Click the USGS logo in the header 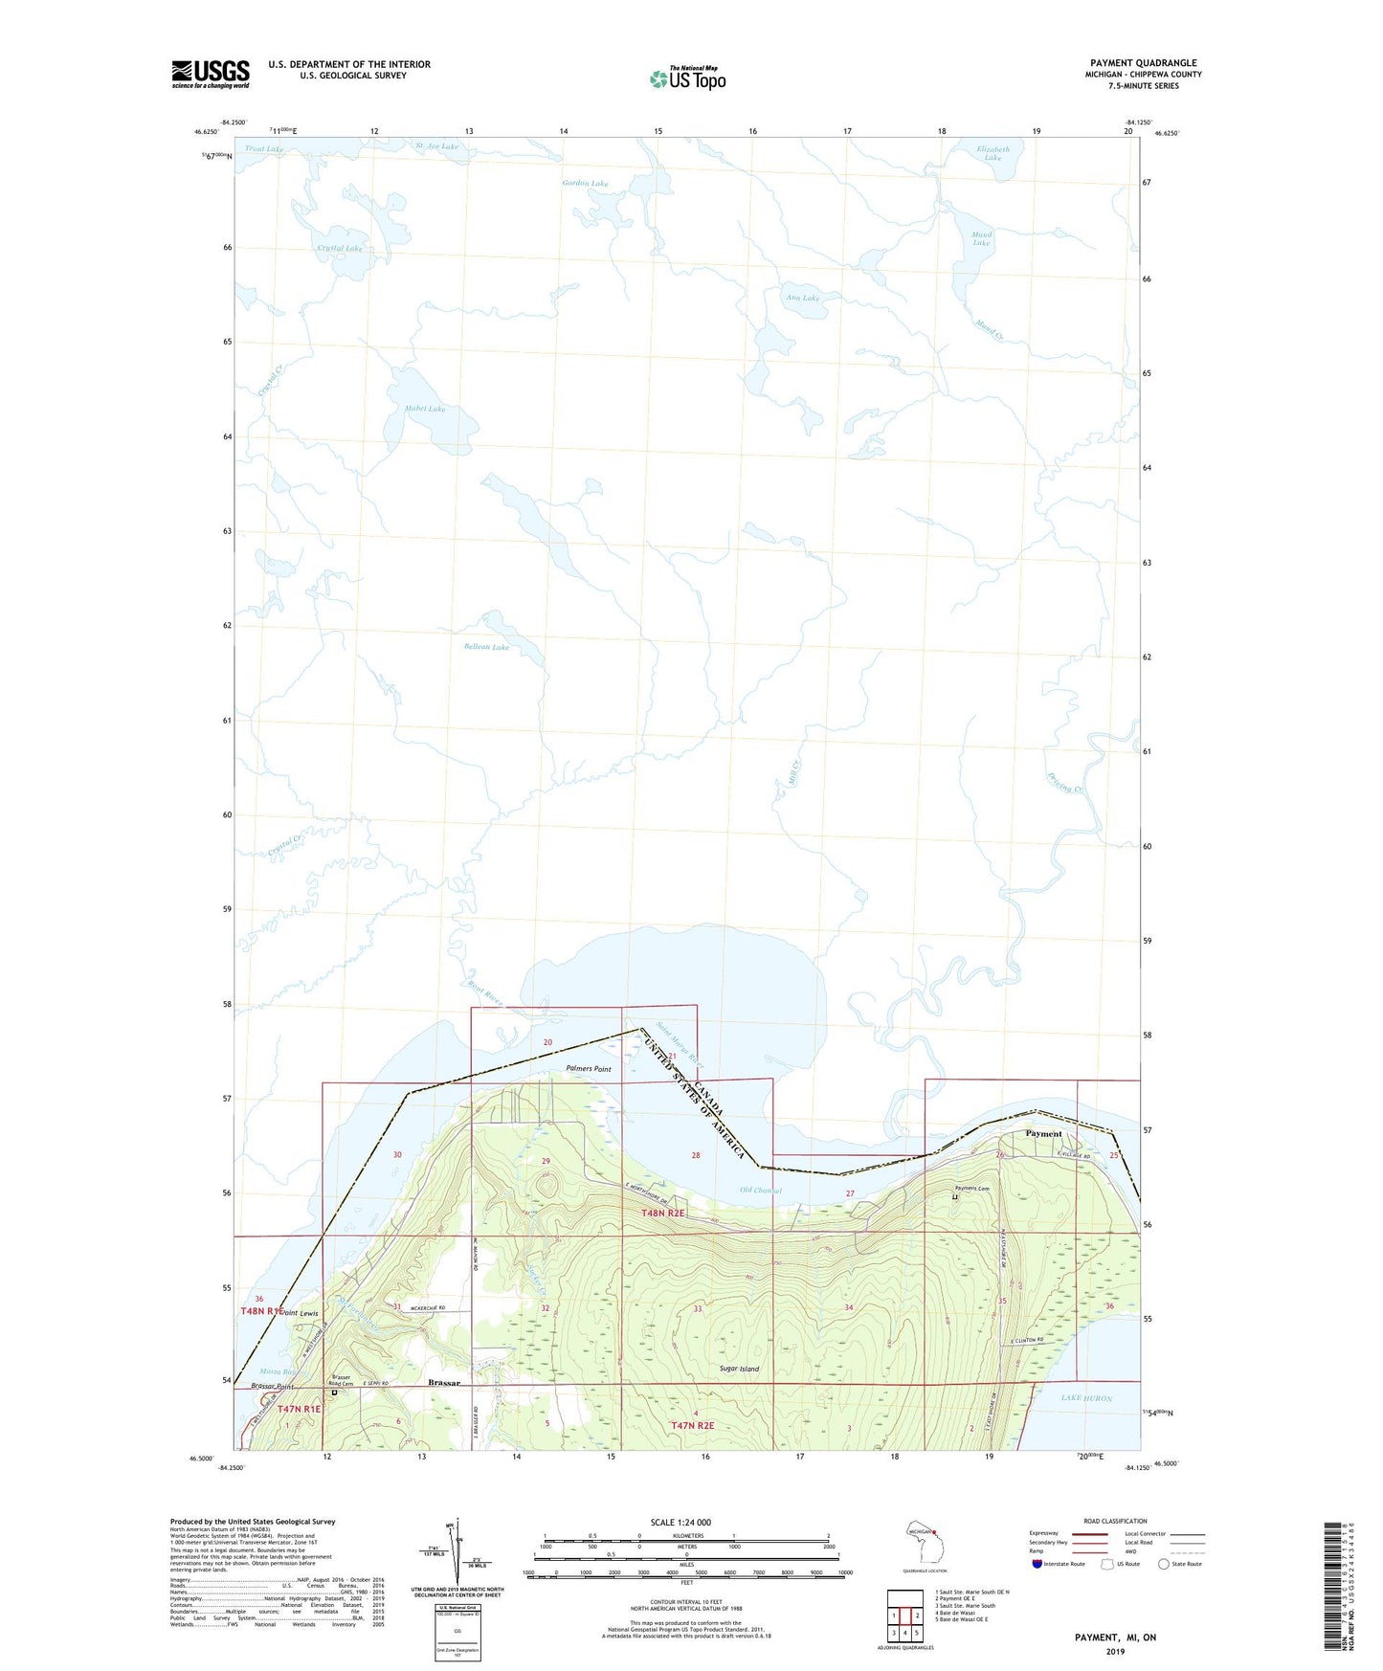click(211, 74)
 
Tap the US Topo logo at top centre click(687, 78)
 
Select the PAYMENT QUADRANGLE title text click(1143, 63)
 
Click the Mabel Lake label click(425, 409)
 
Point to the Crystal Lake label click(340, 249)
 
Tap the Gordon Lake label click(585, 183)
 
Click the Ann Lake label click(803, 298)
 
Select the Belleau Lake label click(486, 647)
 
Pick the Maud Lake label click(981, 238)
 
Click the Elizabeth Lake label click(993, 153)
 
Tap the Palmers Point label click(588, 1069)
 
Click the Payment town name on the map click(1043, 1134)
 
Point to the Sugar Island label click(739, 1369)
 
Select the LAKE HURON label click(1086, 1398)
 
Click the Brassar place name click(444, 1383)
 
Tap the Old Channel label click(761, 1191)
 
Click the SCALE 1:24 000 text click(680, 1523)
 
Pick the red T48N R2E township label click(663, 1213)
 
